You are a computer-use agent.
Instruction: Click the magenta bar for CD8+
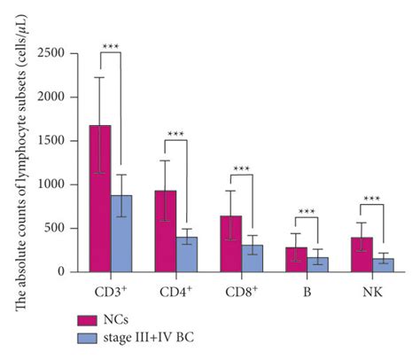point(230,244)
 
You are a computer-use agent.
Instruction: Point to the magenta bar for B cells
point(297,260)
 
